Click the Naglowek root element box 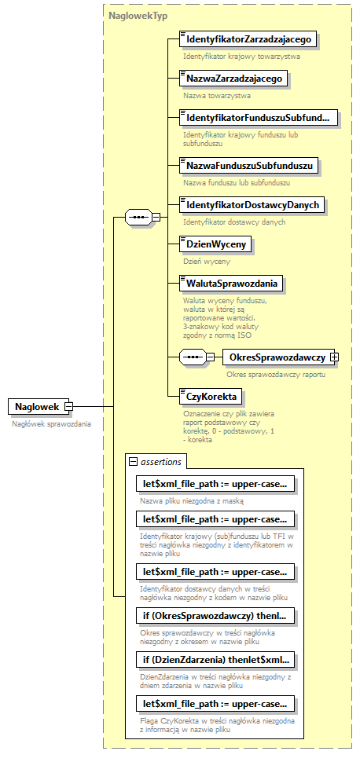coord(37,406)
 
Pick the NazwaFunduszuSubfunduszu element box coord(249,166)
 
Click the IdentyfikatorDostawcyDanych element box coord(252,205)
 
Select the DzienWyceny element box coord(215,244)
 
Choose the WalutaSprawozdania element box coord(231,283)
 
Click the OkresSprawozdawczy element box coord(276,357)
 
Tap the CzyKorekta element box coord(211,396)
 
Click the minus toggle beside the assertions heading coord(133,462)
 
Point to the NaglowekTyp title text coord(138,15)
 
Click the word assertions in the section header coord(161,462)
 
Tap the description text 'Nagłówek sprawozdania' coord(51,423)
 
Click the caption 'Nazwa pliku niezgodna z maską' coord(192,500)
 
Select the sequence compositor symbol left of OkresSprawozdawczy coord(193,357)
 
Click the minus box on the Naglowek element coord(68,406)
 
